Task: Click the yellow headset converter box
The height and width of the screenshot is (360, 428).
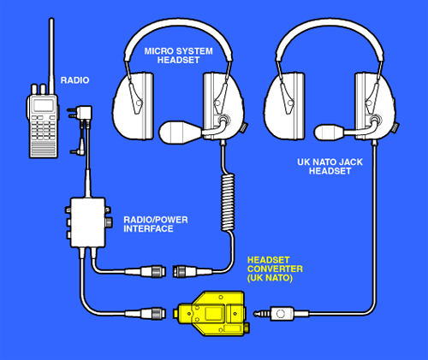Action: click(211, 313)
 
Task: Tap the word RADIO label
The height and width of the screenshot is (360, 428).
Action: click(75, 80)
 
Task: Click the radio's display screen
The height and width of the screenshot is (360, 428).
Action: click(44, 105)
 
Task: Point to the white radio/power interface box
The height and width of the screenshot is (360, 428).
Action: click(88, 222)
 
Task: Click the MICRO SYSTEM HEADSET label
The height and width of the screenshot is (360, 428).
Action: click(179, 56)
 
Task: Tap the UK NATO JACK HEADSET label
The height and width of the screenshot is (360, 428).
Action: click(330, 167)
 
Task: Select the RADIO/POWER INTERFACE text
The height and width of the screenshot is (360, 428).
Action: click(156, 224)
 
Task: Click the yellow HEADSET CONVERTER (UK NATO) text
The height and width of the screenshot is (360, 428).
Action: click(275, 269)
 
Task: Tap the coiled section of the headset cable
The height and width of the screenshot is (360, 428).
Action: click(228, 202)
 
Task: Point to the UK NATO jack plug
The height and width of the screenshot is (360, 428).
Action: click(281, 314)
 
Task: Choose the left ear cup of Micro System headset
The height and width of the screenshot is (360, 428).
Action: click(134, 106)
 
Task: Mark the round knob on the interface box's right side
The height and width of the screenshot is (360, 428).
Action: click(109, 222)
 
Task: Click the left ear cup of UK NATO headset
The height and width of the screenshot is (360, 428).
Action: click(285, 106)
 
